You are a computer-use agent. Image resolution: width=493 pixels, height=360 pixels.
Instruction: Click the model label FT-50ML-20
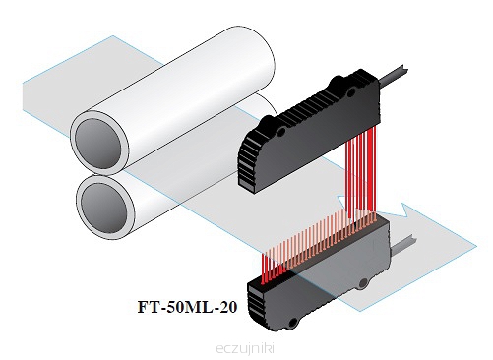pyautogui.click(x=187, y=307)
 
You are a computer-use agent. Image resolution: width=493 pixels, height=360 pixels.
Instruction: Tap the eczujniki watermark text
pyautogui.click(x=245, y=348)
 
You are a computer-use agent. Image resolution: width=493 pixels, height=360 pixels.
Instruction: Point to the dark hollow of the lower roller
pyautogui.click(x=103, y=206)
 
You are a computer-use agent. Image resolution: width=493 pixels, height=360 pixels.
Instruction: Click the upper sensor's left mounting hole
pyautogui.click(x=281, y=133)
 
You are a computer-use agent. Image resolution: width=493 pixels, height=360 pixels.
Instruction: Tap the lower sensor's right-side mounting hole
pyautogui.click(x=363, y=282)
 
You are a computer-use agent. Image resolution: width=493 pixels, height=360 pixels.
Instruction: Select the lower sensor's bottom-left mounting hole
pyautogui.click(x=293, y=323)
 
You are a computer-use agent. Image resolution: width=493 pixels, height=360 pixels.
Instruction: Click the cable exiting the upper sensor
pyautogui.click(x=394, y=75)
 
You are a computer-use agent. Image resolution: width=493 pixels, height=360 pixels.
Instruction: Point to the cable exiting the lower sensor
pyautogui.click(x=402, y=244)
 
